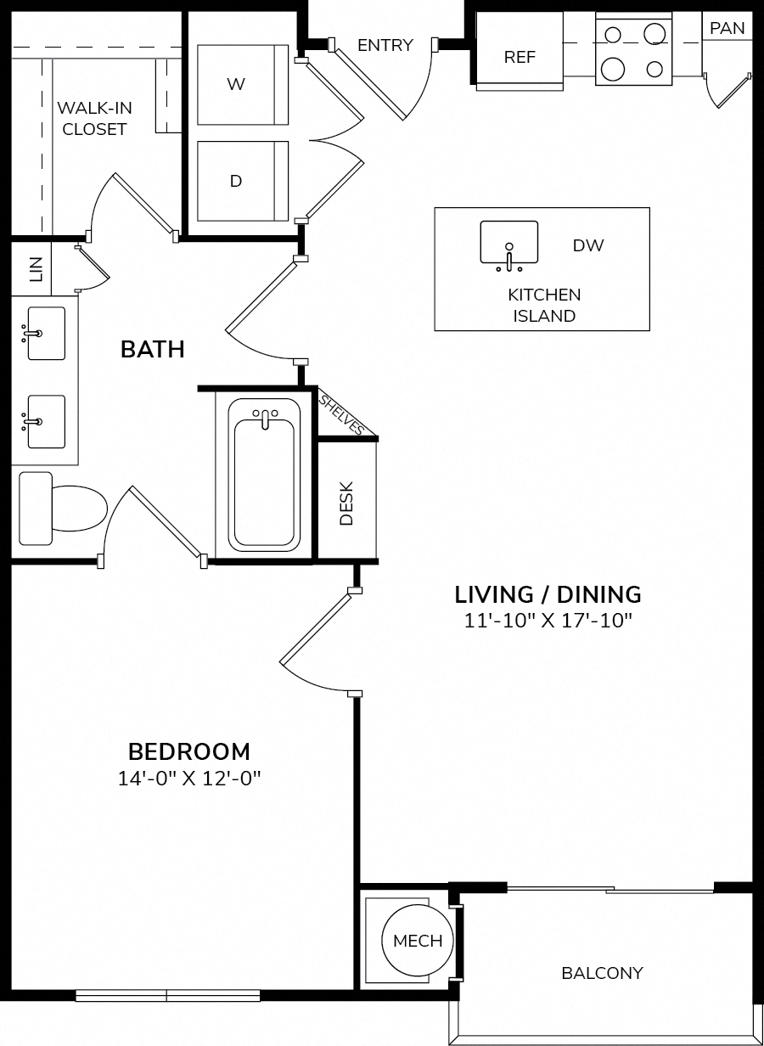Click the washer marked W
[243, 85]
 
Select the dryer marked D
[243, 181]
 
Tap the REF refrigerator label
[520, 57]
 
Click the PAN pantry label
[727, 29]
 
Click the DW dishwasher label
[588, 245]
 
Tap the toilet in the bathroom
[63, 509]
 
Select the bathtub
[264, 475]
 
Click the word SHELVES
[341, 414]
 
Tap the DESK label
[346, 503]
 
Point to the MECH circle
[418, 941]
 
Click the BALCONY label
[603, 973]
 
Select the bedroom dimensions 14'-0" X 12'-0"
[189, 779]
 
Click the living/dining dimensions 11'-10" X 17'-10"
[548, 621]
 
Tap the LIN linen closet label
[36, 269]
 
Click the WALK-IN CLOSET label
[95, 119]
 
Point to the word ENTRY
[385, 45]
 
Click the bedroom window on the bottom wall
[167, 995]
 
